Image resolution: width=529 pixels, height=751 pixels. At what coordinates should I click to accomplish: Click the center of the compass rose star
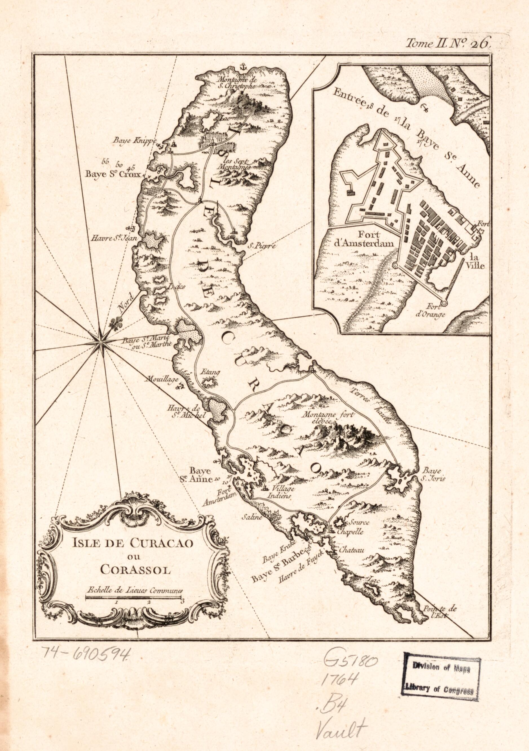pyautogui.click(x=100, y=343)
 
